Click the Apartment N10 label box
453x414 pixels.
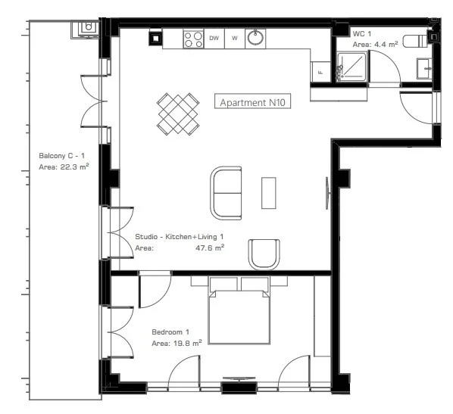[252, 101]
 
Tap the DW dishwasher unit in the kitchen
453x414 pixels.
[214, 38]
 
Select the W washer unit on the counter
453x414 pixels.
[235, 38]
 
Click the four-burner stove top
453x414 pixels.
[194, 39]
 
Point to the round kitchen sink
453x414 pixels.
[255, 38]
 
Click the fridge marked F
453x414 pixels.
[320, 72]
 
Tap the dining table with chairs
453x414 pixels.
[178, 114]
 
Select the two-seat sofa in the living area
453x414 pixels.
[226, 193]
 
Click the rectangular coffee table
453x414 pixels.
[269, 193]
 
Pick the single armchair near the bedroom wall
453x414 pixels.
[264, 254]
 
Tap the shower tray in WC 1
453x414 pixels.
[352, 67]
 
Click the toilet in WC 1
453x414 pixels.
[415, 41]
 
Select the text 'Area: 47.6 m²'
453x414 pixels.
[180, 247]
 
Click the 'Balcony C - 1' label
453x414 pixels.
[62, 156]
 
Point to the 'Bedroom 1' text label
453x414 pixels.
[170, 332]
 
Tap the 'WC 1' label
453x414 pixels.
[362, 34]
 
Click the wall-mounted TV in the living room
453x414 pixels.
[327, 193]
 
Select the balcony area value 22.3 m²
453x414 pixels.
[74, 167]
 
